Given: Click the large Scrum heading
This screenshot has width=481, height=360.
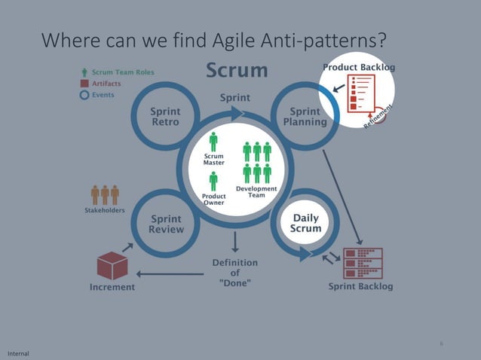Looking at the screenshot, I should coord(237,71).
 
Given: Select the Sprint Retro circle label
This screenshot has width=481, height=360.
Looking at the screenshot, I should coord(165,117).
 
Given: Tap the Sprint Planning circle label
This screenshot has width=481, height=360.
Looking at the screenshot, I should coord(305,117).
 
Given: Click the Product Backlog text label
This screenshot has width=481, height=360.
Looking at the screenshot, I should coord(359,67).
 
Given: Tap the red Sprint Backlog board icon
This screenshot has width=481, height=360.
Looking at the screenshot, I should coord(363,263).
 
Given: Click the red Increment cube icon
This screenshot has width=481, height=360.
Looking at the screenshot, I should coord(112,265).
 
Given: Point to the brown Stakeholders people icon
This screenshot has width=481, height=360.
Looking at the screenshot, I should coord(105,195).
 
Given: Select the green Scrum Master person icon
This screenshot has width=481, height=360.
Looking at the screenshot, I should coord(213,142).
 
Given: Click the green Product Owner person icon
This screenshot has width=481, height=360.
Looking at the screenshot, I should coord(213,182).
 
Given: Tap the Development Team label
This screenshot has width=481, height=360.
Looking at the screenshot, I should coord(256,191).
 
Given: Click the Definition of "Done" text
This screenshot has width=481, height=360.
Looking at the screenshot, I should coord(234,272).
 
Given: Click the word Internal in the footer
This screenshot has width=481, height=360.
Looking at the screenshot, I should coord(18,353).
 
